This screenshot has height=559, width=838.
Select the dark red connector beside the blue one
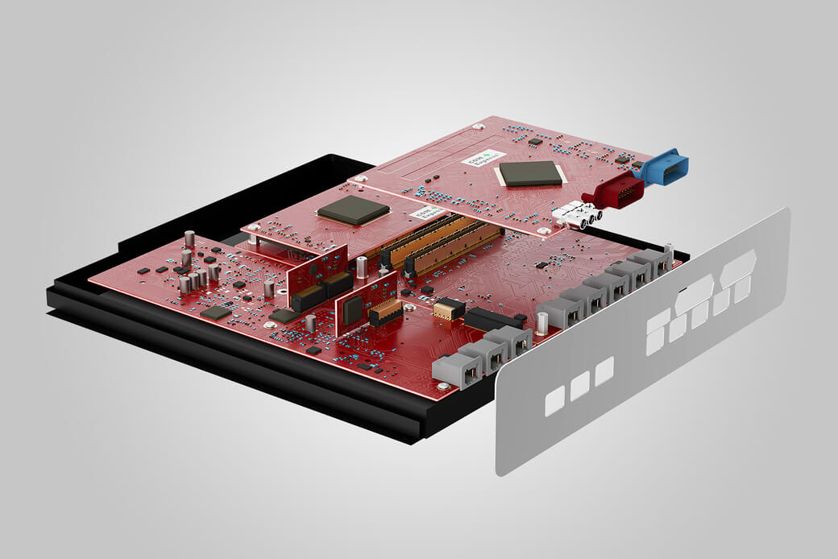pos(619,193)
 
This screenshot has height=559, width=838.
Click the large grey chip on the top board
pos(529,172)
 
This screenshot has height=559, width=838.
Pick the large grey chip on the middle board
pos(353,211)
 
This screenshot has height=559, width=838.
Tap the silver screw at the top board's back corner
pos(479,126)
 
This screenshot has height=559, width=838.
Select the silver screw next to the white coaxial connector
pos(548,231)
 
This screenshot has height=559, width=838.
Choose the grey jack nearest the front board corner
pos(458,369)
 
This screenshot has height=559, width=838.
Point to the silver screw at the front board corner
pos(443,386)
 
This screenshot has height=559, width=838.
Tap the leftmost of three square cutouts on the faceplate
pos(554,400)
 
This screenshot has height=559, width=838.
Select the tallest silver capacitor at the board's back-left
pos(189,239)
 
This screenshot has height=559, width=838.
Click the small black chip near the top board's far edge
pos(535,142)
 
